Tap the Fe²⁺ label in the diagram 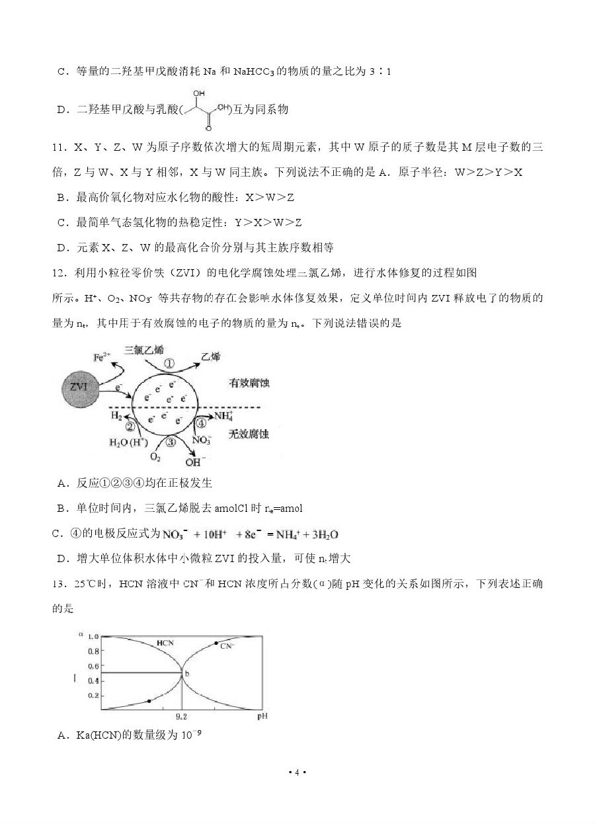102,357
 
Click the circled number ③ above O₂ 171,442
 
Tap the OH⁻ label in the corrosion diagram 194,462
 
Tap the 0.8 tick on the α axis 93,651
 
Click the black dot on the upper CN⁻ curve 217,643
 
